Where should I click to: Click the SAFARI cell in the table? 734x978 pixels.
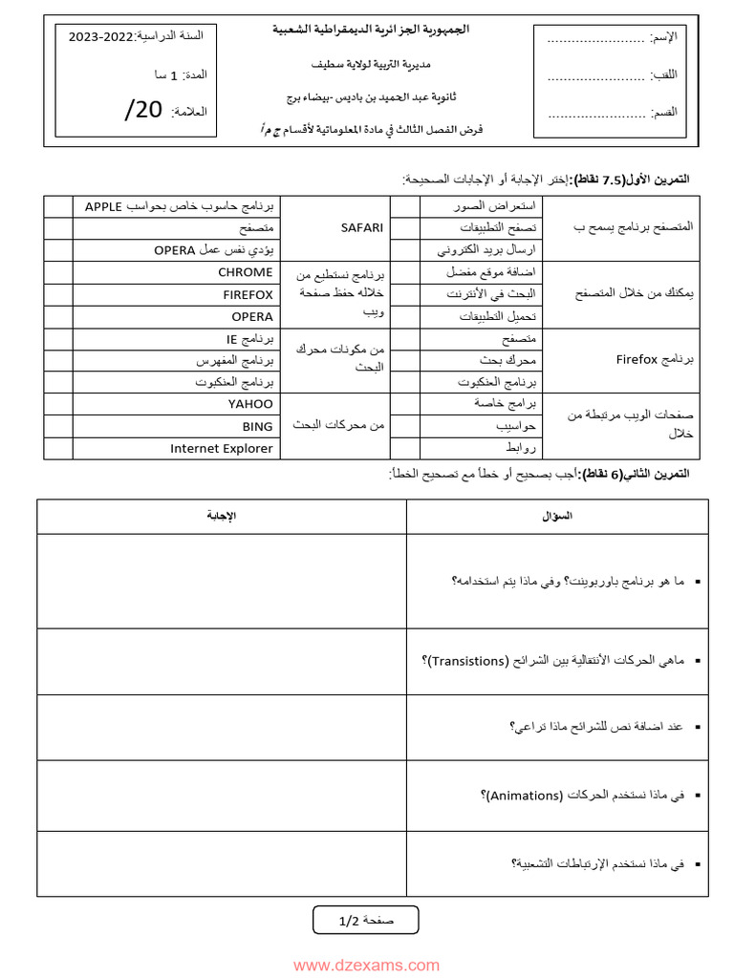point(361,228)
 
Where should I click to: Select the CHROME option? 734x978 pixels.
point(245,272)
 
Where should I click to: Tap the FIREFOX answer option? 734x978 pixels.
point(248,294)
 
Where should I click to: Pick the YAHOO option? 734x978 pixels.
point(250,404)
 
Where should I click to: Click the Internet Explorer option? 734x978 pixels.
point(222,448)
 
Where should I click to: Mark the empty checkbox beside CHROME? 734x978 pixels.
point(58,272)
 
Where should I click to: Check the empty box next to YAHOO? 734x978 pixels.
point(58,404)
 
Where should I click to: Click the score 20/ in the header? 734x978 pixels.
point(143,110)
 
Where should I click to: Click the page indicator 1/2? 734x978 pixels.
point(348,921)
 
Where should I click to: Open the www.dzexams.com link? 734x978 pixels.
point(366,966)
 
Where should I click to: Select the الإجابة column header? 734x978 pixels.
point(221,516)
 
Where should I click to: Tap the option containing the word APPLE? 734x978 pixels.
point(179,205)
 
